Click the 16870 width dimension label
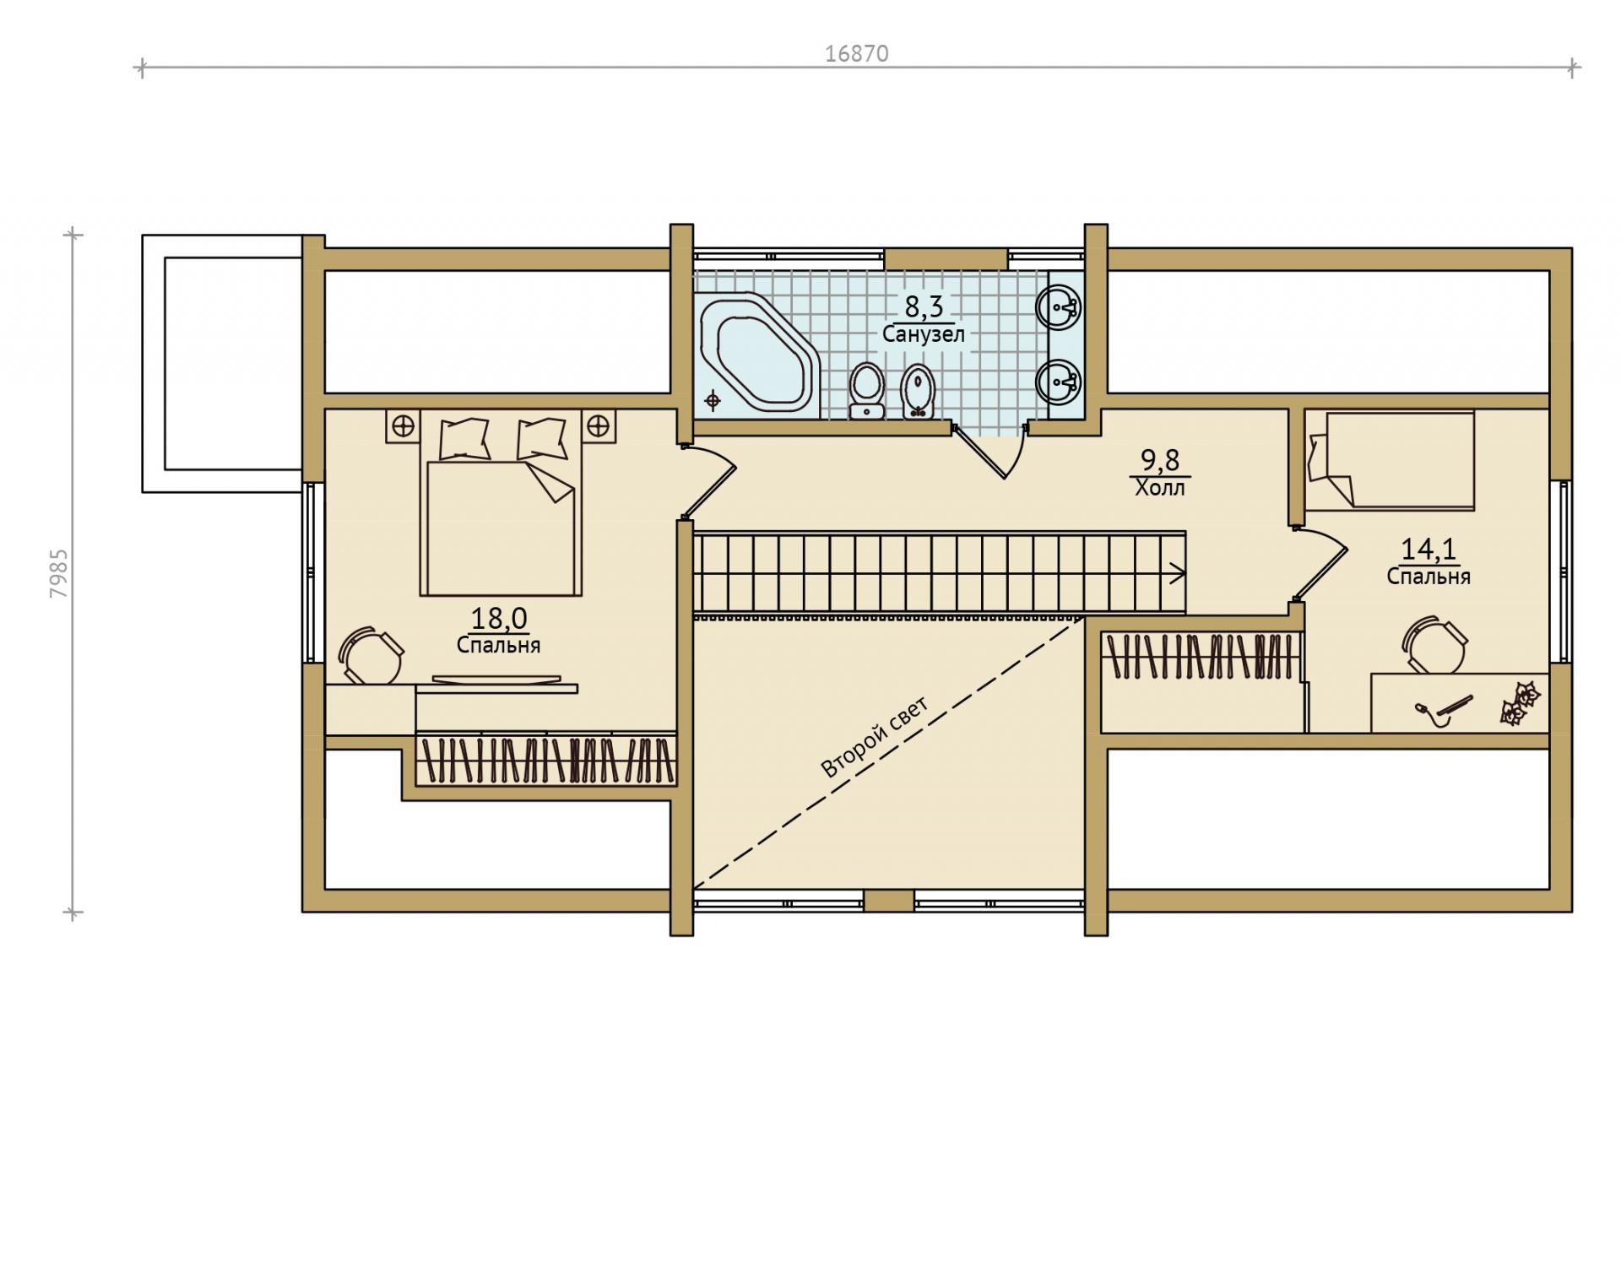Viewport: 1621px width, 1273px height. [x=856, y=54]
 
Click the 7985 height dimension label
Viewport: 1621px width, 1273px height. [x=59, y=574]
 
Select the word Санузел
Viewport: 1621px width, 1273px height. [x=924, y=334]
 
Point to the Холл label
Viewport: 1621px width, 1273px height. [x=1160, y=488]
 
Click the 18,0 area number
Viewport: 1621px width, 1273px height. [x=499, y=619]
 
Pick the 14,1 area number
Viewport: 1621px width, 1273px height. [x=1429, y=550]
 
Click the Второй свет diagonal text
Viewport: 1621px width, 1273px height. [x=875, y=737]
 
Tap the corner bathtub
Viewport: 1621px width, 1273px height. [x=757, y=353]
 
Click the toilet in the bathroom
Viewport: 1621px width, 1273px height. [x=865, y=391]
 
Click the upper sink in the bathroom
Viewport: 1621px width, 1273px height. [x=1060, y=306]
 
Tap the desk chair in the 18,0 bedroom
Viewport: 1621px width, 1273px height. [x=371, y=655]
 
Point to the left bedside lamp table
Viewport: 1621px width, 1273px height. [x=404, y=425]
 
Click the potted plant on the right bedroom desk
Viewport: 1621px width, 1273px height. [x=1520, y=703]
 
